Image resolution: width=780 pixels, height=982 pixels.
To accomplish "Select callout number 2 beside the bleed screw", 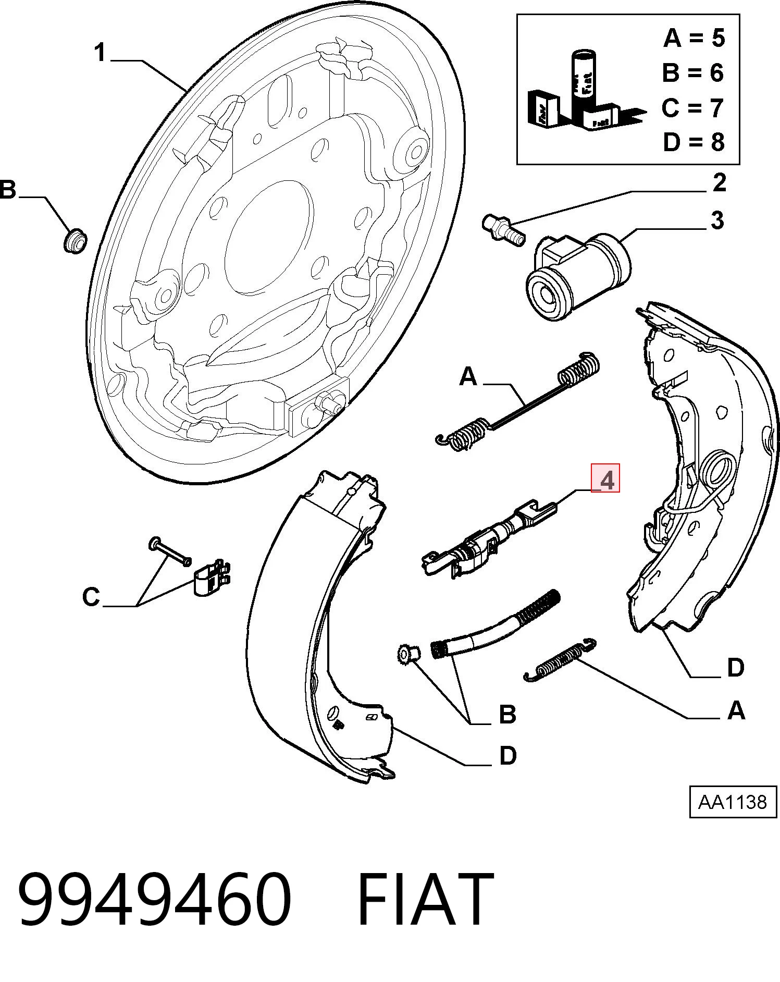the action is (719, 182).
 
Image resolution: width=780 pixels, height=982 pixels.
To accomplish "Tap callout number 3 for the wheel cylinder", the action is (717, 220).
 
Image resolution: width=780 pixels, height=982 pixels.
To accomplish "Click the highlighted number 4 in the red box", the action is (605, 478).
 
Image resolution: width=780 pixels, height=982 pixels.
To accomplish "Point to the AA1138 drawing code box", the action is (733, 802).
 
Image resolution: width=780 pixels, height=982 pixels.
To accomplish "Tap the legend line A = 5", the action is (694, 38).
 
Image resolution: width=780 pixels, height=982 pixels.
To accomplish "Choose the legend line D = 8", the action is (694, 142).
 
